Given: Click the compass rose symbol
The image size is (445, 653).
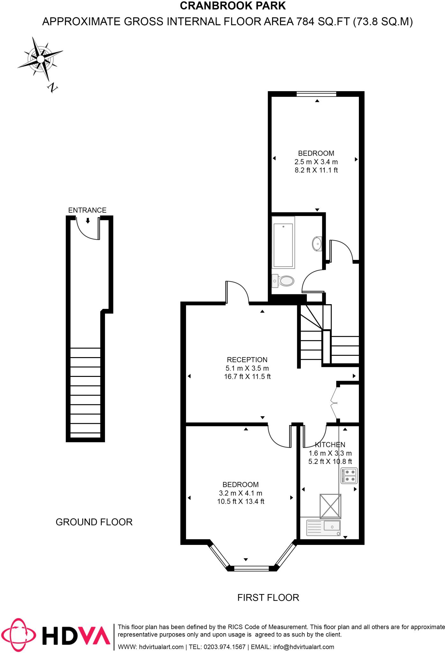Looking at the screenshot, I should click(40, 59).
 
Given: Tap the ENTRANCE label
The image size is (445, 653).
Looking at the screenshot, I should click(87, 210).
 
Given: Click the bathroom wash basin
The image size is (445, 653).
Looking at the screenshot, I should click(317, 244).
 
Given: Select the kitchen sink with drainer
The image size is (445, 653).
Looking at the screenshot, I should click(323, 528).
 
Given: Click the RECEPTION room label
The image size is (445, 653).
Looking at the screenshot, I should click(247, 360).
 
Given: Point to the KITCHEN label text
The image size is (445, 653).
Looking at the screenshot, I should click(330, 444).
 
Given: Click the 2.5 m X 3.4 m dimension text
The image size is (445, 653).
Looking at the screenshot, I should click(316, 162).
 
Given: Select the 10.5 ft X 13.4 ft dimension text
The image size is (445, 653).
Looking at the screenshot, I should click(241, 501).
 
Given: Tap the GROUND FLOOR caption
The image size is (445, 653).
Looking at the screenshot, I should click(94, 522).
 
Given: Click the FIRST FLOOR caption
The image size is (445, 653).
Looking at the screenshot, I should click(268, 597).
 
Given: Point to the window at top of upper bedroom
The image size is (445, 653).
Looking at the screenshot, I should click(316, 94).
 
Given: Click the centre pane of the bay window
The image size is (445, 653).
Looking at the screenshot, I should click(252, 568).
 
